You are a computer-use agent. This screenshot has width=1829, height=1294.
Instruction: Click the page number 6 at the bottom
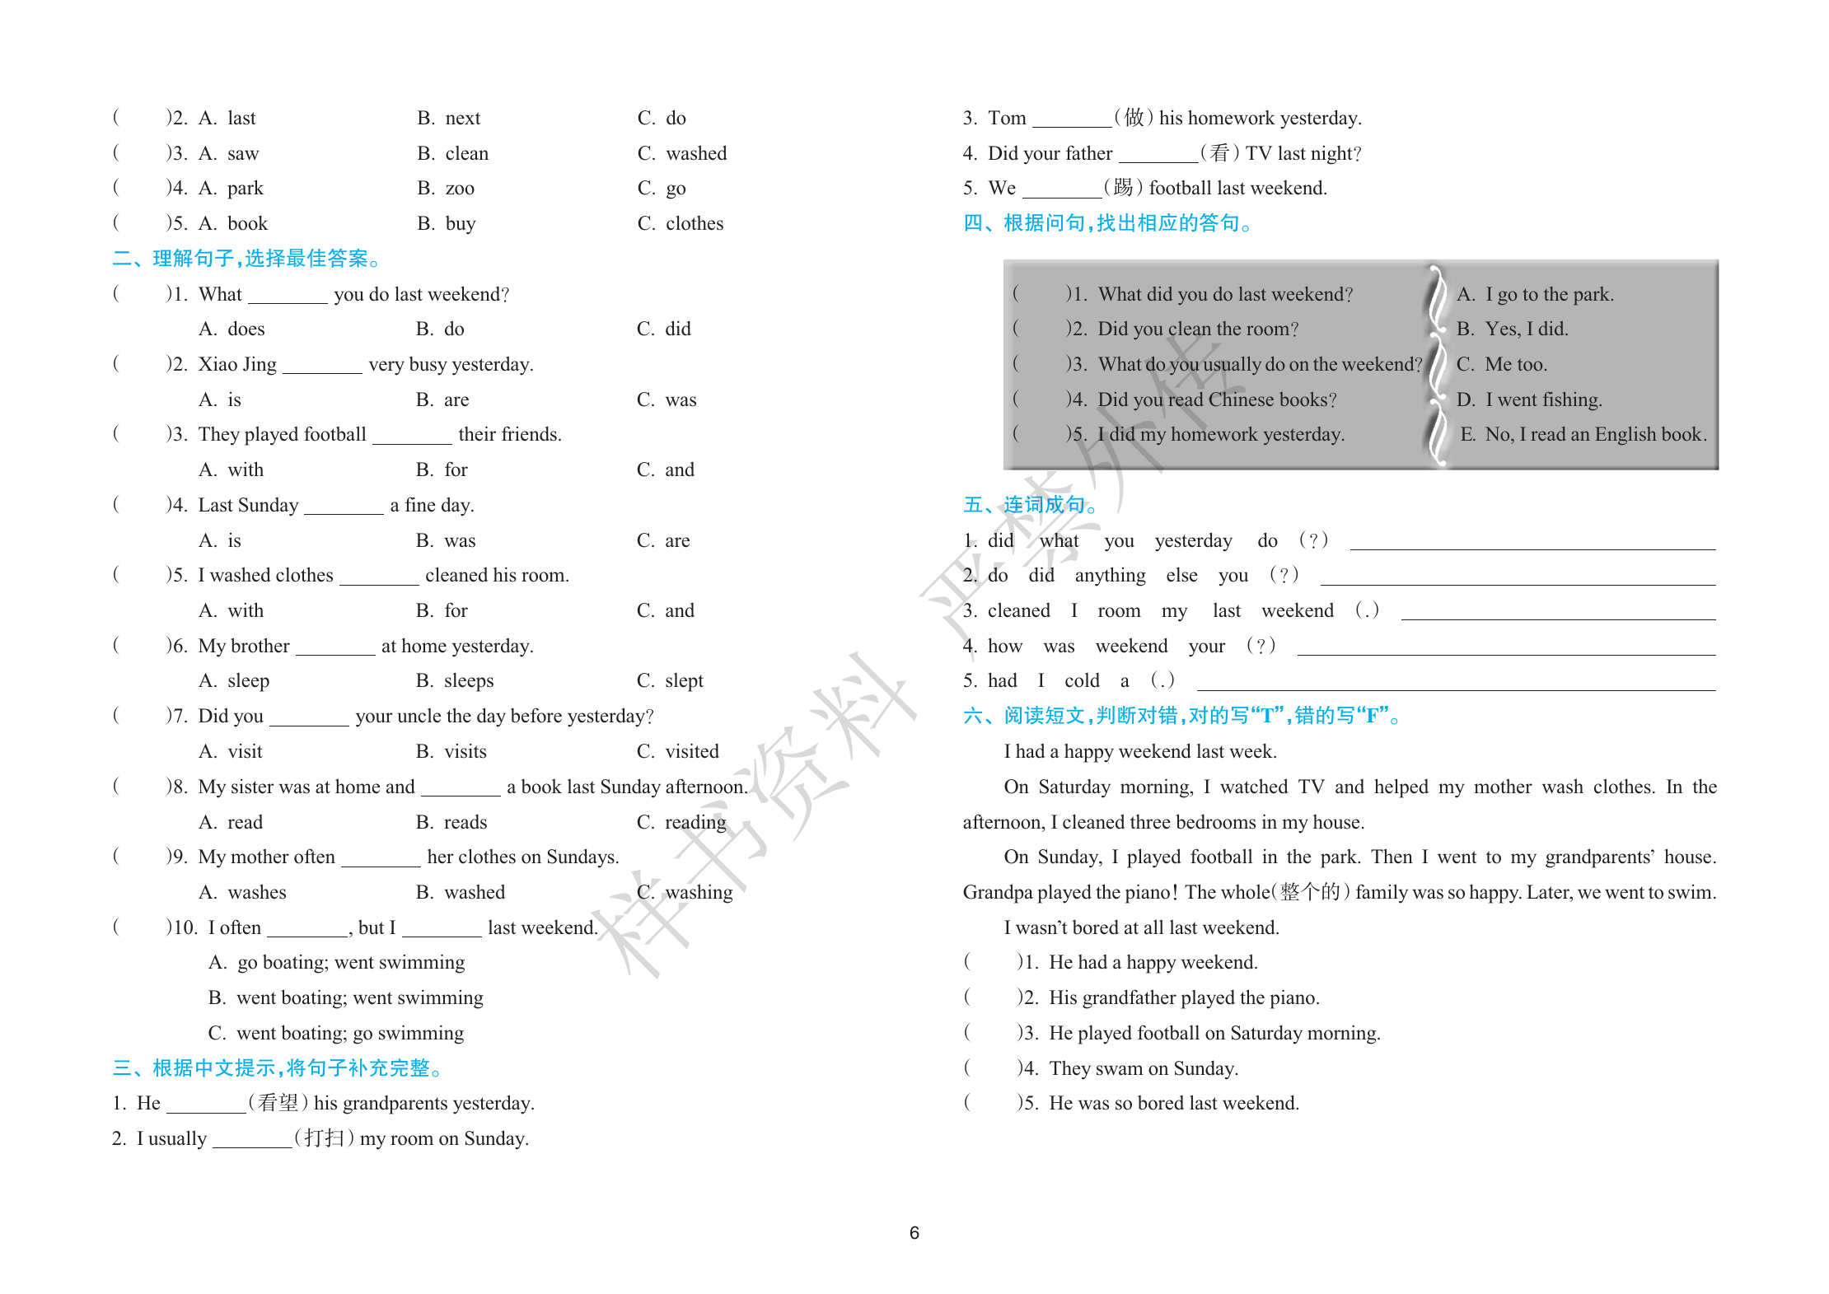pyautogui.click(x=914, y=1232)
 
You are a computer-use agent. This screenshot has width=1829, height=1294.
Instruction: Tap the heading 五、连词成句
pyautogui.click(x=1029, y=505)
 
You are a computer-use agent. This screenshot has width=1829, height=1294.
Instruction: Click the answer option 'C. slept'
pyautogui.click(x=670, y=680)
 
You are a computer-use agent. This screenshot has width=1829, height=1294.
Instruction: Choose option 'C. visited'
pyautogui.click(x=677, y=751)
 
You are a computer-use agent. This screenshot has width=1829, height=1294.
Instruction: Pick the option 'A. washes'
pyautogui.click(x=242, y=892)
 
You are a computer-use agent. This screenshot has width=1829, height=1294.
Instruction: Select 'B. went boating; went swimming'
pyautogui.click(x=345, y=997)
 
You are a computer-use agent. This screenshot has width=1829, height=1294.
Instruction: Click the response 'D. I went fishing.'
pyautogui.click(x=1529, y=399)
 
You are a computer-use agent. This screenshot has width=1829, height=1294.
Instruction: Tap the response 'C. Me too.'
pyautogui.click(x=1502, y=364)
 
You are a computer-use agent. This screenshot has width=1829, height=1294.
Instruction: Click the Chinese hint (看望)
pyautogui.click(x=278, y=1103)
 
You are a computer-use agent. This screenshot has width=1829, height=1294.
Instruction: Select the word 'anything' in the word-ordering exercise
pyautogui.click(x=1110, y=575)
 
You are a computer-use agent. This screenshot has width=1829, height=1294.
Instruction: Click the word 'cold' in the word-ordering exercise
pyautogui.click(x=1082, y=680)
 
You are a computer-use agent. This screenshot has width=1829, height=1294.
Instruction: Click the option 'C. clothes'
pyautogui.click(x=680, y=223)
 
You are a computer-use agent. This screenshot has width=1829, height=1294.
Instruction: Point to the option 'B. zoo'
pyautogui.click(x=446, y=188)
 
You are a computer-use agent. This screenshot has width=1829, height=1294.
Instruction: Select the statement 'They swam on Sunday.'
pyautogui.click(x=1143, y=1068)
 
